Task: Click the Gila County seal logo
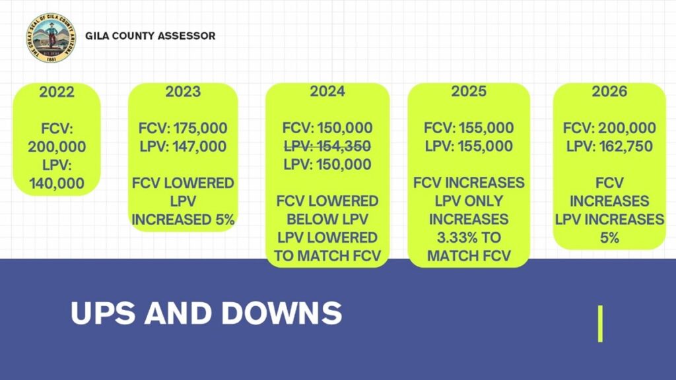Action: tap(51, 38)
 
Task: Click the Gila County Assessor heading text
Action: tap(150, 36)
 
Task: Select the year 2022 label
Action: tap(57, 92)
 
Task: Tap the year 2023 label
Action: tap(183, 91)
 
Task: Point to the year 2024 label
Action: tap(327, 91)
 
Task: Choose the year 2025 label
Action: tap(469, 91)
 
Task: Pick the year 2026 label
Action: tap(609, 91)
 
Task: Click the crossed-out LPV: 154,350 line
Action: tap(327, 146)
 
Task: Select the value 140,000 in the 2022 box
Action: tap(57, 183)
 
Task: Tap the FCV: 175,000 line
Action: tap(183, 128)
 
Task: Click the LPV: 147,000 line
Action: tap(183, 146)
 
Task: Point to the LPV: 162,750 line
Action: tap(609, 146)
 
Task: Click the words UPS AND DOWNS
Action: tap(206, 313)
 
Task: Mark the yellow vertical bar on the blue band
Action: tap(600, 323)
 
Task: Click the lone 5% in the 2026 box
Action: tap(609, 237)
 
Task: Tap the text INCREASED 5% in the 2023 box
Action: tap(183, 219)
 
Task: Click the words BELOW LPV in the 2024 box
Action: tap(327, 219)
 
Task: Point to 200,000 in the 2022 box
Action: tap(57, 146)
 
